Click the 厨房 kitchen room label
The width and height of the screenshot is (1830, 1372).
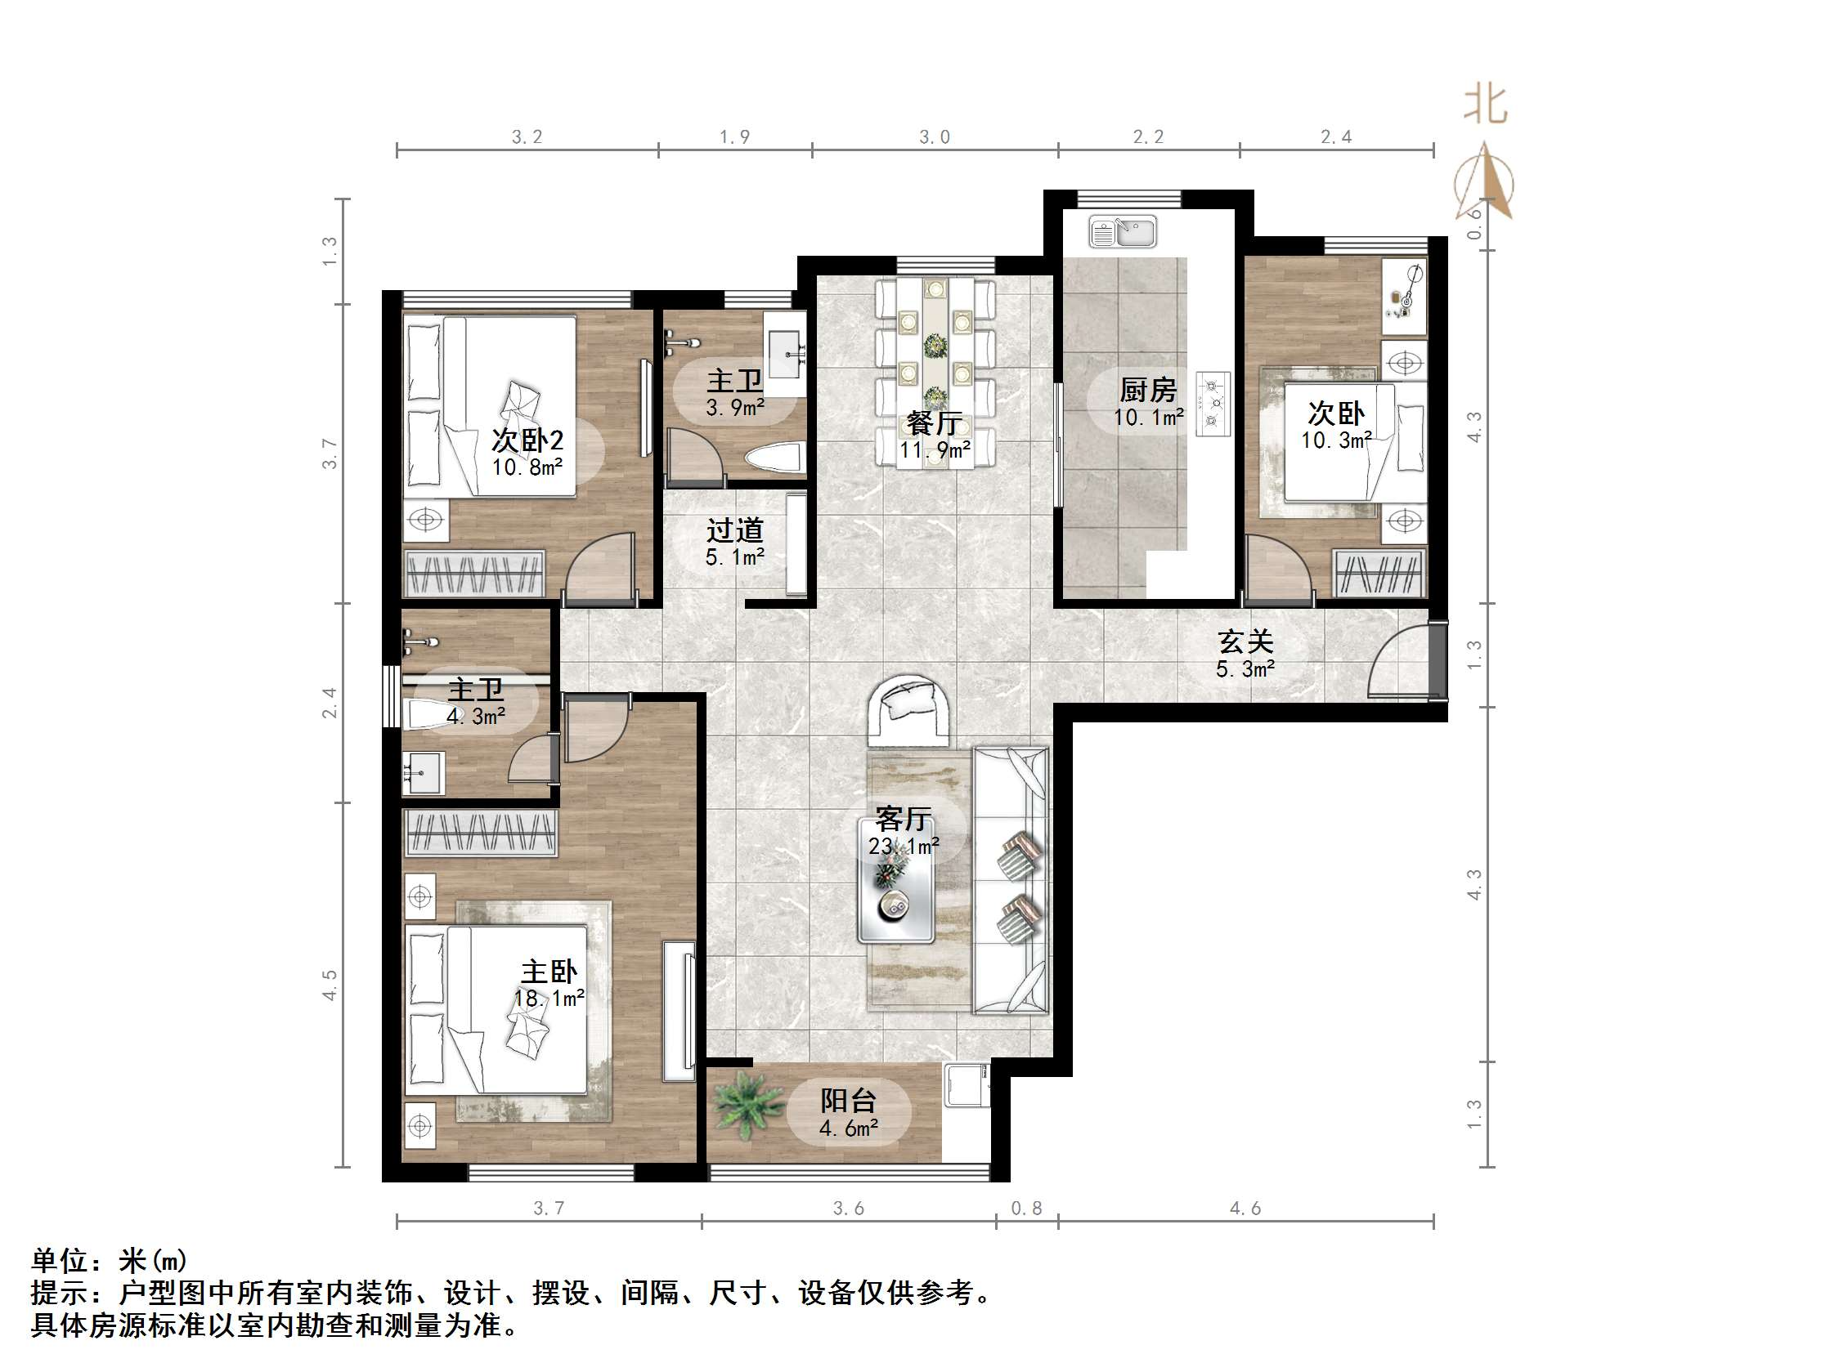point(1146,389)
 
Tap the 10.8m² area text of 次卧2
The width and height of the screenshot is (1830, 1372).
point(527,467)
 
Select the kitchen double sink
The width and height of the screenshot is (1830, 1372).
point(1123,231)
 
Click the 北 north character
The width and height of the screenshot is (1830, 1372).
point(1485,106)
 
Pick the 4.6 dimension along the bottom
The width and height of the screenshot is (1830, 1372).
point(1245,1209)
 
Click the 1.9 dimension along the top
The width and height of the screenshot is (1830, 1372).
point(733,137)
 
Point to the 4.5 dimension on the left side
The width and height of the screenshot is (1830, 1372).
point(330,985)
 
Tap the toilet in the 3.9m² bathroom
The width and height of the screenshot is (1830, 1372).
point(774,458)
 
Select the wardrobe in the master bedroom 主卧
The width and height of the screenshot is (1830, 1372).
point(480,832)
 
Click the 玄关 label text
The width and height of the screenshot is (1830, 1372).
point(1245,641)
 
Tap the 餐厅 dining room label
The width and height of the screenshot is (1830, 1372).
point(934,422)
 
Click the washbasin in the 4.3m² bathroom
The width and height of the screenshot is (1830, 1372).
point(423,772)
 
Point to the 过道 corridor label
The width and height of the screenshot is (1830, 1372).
point(733,530)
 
